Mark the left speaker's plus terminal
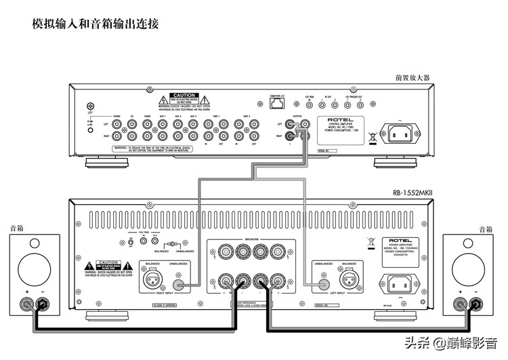[28, 306]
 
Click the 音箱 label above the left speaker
[16, 229]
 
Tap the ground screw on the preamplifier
[89, 106]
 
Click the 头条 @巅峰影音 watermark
[451, 343]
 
